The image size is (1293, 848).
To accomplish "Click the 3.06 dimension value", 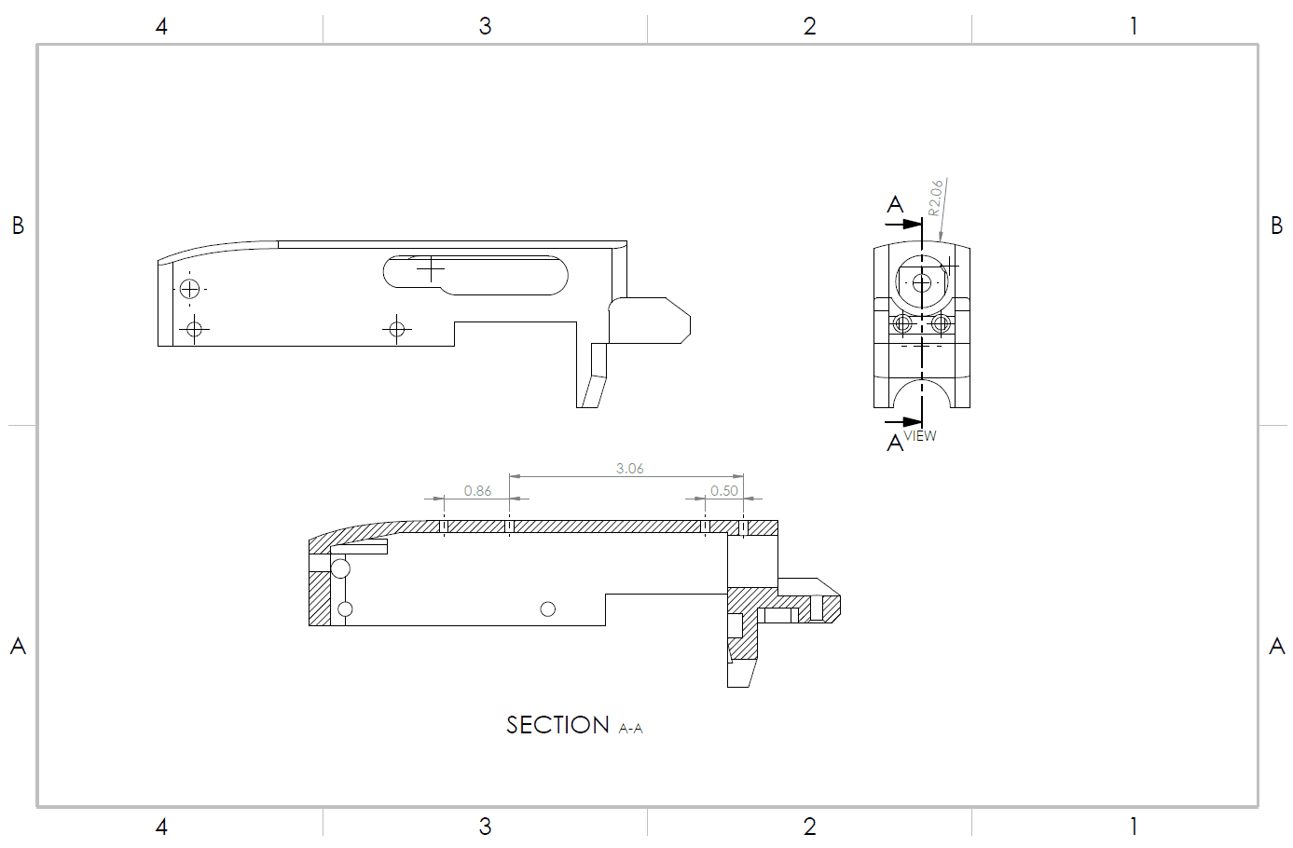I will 629,469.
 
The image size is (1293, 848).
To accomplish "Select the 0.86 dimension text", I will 477,491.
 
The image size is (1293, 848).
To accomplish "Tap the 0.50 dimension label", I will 724,491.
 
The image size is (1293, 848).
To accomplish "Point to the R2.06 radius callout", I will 935,198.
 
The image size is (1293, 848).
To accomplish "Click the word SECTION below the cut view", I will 557,725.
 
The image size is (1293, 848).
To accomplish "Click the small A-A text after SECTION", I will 631,729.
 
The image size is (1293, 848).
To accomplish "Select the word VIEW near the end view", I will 920,436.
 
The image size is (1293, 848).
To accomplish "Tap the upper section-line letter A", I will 895,204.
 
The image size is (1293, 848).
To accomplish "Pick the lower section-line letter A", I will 895,443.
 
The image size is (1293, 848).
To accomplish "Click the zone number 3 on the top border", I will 485,26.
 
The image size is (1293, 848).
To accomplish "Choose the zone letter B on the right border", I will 1277,226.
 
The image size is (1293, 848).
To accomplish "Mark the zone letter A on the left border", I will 18,646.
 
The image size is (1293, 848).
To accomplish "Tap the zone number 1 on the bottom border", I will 1134,827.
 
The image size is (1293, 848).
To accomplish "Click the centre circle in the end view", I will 922,282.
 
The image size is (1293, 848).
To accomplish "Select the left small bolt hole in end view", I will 902,324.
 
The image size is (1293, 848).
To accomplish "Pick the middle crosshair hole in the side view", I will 397,328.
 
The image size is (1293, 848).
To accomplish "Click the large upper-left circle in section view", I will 340,568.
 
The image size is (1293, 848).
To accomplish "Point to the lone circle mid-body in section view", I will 548,609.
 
